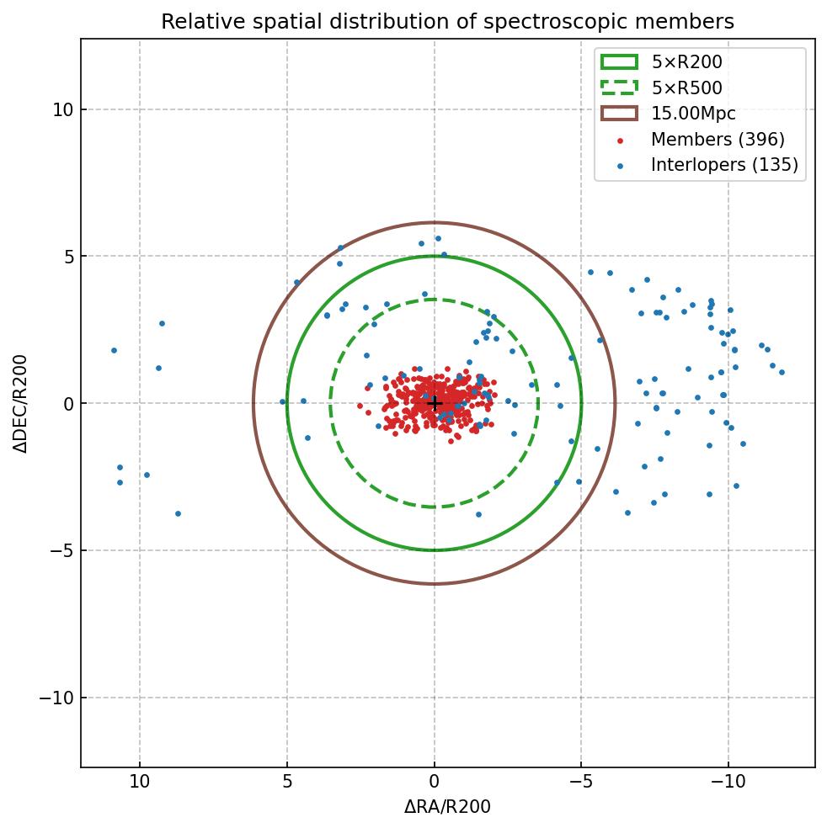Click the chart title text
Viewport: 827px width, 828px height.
[447, 22]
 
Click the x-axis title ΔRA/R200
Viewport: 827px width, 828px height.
[447, 807]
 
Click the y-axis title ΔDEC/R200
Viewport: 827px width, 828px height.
[20, 403]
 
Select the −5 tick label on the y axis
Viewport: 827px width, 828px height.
[61, 550]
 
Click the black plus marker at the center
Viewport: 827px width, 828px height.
[435, 404]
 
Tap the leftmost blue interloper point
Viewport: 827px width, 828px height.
[114, 350]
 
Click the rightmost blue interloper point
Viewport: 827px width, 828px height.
[782, 372]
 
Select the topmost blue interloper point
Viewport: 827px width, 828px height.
[438, 238]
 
